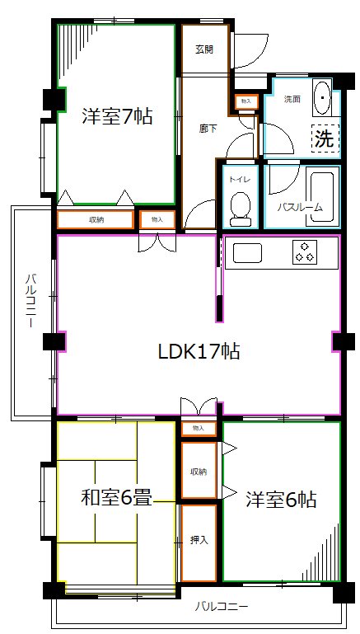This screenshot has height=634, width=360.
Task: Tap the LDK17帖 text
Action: pos(199,351)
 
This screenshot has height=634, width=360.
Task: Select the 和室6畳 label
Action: pos(116,498)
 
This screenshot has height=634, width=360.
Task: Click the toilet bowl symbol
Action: pos(241,209)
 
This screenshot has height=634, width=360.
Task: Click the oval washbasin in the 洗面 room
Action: pos(322,97)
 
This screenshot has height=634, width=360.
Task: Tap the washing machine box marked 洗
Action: pos(325,139)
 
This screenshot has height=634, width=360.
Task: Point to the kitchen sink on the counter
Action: pos(246,252)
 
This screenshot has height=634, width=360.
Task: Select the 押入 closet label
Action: pos(199,540)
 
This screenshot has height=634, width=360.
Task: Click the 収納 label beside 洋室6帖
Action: pos(199,471)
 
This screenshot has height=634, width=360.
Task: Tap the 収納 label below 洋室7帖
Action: pos(96,220)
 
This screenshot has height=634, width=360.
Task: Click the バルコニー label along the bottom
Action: pos(221,608)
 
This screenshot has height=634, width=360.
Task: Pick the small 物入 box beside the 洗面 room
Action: pos(245,101)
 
